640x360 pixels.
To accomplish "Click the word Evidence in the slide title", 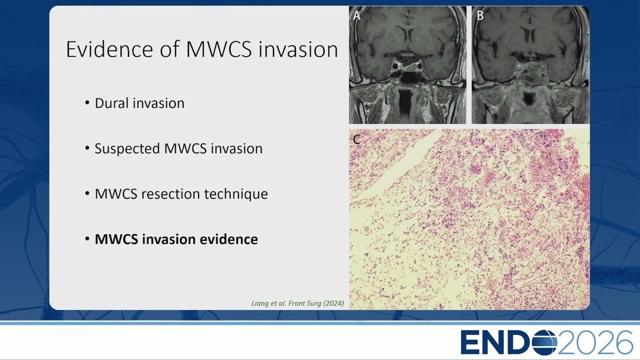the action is coord(109,49).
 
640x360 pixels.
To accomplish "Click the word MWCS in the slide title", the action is coord(219,49).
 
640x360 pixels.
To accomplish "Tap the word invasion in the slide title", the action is coord(298,49).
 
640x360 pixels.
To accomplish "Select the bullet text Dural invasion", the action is coord(139,103).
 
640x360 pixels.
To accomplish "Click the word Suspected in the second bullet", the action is coord(127,149).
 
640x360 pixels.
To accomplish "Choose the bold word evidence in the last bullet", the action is coord(228,239).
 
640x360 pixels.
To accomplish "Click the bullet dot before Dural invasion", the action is coord(87,103).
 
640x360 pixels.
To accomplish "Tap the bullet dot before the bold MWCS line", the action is coord(87,239).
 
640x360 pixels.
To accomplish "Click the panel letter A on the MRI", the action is coord(356,15).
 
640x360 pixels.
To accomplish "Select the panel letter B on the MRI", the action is coord(480,15).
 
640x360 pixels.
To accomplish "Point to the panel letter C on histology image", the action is coord(356,139).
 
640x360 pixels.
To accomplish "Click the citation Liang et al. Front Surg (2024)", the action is coord(297,303).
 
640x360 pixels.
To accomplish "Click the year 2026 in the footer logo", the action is coord(595,342).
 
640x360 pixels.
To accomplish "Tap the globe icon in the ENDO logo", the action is coord(544,342).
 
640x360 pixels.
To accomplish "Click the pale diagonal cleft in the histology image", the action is coord(397,168).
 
